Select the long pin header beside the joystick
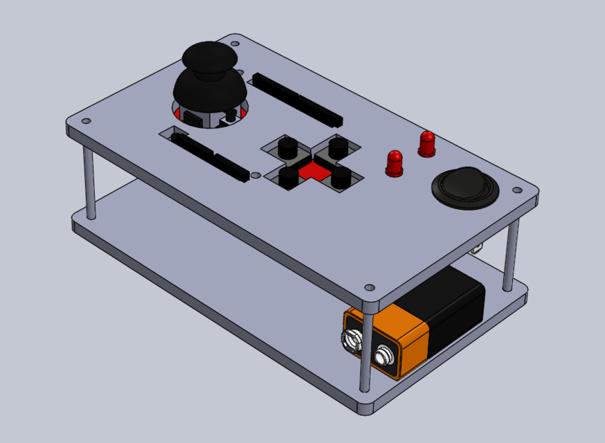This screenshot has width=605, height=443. tap(298, 98)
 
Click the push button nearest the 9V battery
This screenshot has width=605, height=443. tap(340, 178)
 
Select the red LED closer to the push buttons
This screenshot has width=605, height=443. tap(395, 162)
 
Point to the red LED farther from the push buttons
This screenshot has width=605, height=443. tap(426, 143)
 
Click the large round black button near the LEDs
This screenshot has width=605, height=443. tap(464, 186)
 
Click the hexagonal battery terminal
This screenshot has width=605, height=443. tap(350, 339)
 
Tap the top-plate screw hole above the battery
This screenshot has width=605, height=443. tap(370, 287)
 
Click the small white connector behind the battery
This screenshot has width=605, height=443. tap(477, 248)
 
